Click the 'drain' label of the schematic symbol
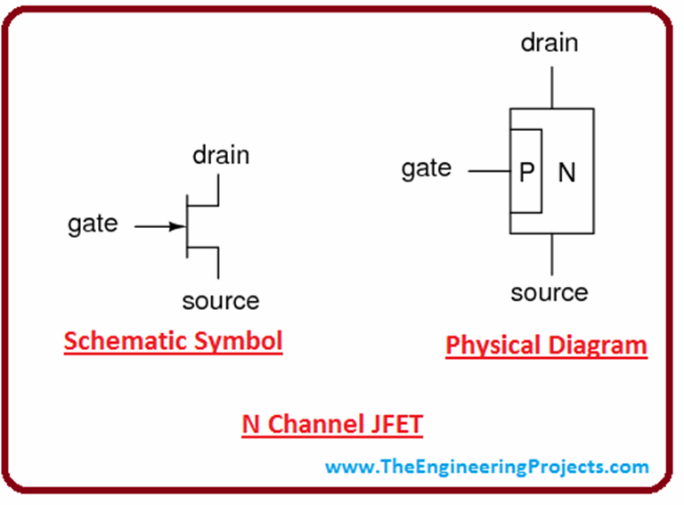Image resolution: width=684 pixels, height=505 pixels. point(221,155)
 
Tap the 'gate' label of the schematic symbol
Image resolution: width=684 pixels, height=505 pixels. point(93,224)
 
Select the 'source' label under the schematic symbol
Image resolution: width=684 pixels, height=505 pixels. point(220,301)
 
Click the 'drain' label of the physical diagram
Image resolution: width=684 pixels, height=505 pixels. point(550,42)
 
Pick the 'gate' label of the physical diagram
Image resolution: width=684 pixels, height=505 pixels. point(426,168)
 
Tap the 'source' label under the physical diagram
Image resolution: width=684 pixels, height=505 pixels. point(550,292)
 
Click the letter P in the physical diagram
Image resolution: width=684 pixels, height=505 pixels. point(526,172)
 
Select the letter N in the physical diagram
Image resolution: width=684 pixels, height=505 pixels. point(566,172)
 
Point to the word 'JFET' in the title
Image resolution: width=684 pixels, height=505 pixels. point(392,425)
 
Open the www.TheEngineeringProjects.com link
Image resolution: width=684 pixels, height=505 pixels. point(487,466)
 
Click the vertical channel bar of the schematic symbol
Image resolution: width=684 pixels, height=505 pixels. point(186,226)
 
